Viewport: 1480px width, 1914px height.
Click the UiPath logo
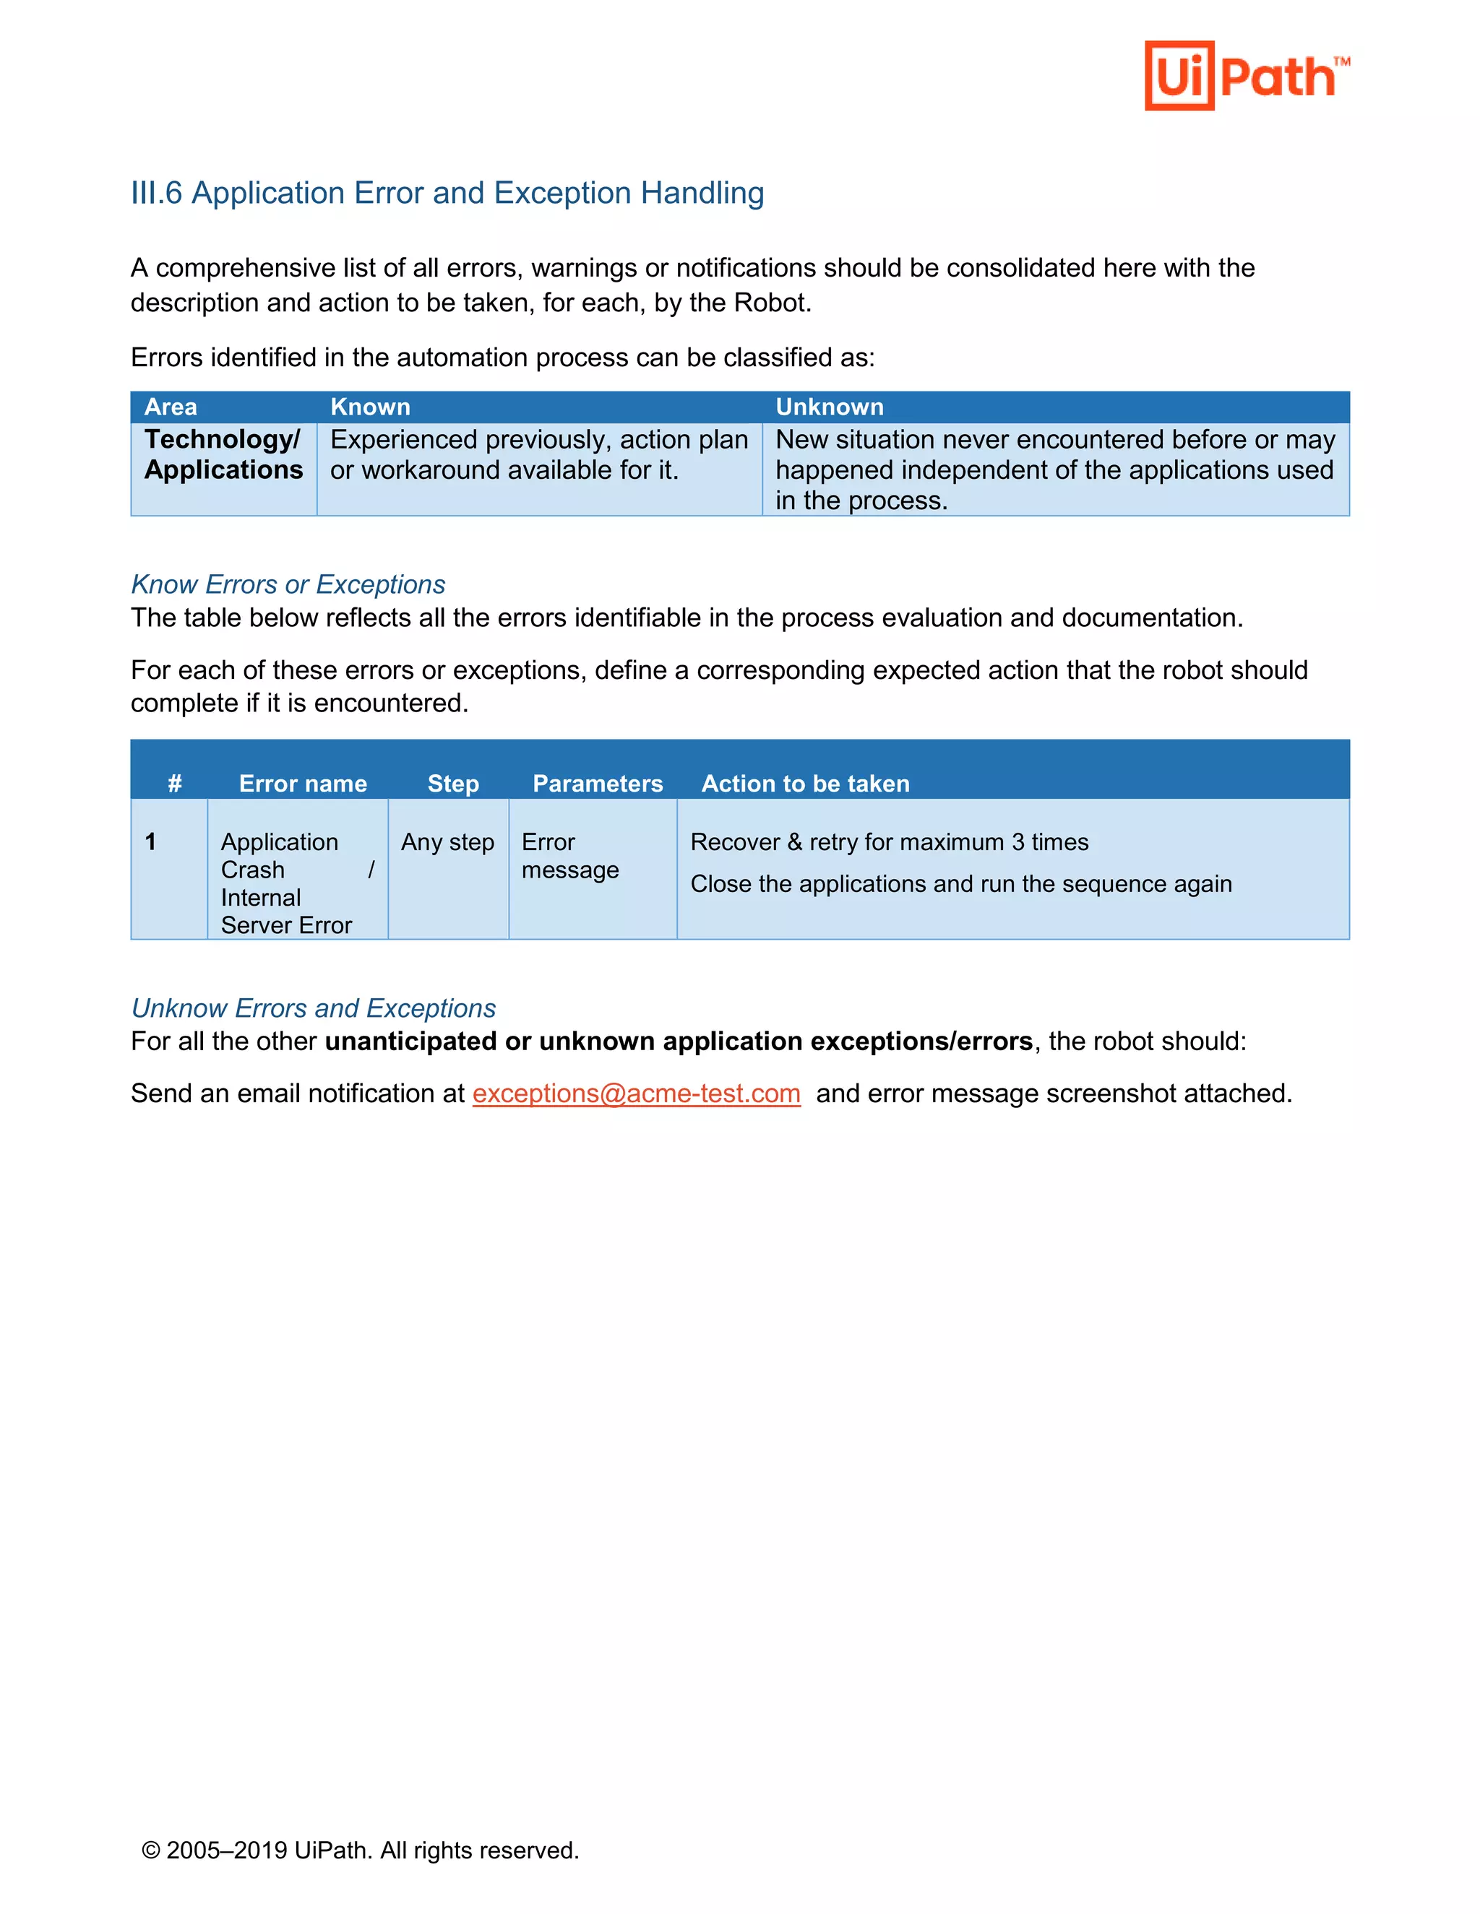[x=1246, y=77]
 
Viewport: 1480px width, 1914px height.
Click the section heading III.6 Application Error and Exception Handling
[x=447, y=193]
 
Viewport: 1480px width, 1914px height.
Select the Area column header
[x=171, y=407]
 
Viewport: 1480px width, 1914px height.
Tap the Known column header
[x=370, y=407]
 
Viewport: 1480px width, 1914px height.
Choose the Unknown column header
[x=829, y=407]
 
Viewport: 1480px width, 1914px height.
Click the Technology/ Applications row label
[x=223, y=454]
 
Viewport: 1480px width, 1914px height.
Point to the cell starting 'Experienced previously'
[x=538, y=454]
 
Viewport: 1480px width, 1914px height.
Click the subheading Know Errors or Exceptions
[x=288, y=584]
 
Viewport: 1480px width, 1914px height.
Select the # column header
[x=174, y=783]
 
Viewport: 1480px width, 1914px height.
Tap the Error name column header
[x=303, y=783]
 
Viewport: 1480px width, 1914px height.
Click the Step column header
[x=452, y=783]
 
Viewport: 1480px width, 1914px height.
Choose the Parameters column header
[x=597, y=783]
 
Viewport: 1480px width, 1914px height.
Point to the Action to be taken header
[x=805, y=783]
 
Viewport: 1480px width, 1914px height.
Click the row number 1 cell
[x=151, y=841]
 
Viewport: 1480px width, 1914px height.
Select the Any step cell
[x=447, y=841]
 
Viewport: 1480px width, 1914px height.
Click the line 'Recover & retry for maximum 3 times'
[x=889, y=841]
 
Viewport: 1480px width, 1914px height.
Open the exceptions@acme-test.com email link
[x=636, y=1093]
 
